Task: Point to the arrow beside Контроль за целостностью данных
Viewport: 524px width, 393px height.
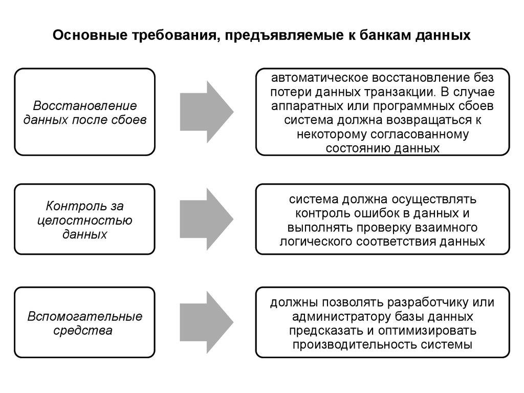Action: tap(207, 219)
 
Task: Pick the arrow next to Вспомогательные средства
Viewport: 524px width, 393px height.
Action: tap(207, 322)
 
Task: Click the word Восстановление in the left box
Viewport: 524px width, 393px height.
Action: tap(85, 106)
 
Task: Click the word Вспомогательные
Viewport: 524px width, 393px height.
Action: tap(85, 316)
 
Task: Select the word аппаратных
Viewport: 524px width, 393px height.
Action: tap(304, 106)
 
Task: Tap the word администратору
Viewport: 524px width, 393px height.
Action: tap(337, 316)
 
